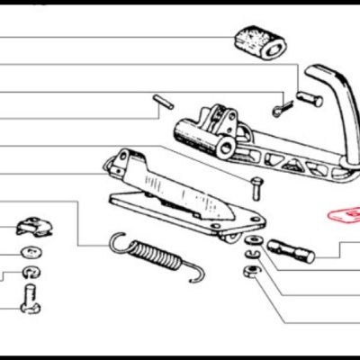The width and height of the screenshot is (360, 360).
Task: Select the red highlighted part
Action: (343, 216)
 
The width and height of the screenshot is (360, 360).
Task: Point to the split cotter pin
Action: (282, 110)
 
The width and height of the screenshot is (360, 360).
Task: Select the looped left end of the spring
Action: (115, 238)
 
